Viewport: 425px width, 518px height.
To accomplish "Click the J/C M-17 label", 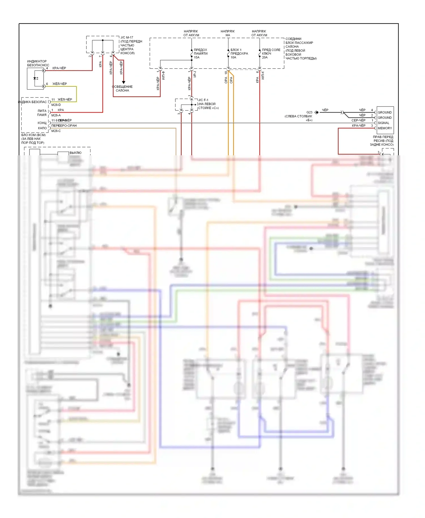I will (x=127, y=37).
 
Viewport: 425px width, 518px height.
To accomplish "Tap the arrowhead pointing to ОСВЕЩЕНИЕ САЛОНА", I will (x=124, y=82).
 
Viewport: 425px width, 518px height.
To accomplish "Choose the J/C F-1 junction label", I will (x=203, y=100).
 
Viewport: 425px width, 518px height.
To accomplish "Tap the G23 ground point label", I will (x=309, y=112).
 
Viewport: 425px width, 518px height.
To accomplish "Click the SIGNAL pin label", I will (x=383, y=123).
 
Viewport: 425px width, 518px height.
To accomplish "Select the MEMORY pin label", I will (x=384, y=128).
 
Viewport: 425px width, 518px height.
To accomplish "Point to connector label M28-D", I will (x=56, y=105).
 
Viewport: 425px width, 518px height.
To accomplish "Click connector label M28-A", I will (x=56, y=115).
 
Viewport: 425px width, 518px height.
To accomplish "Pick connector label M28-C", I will (x=56, y=131).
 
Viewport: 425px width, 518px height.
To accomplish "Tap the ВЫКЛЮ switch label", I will (x=75, y=153).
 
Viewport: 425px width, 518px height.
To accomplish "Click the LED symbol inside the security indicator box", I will (x=35, y=78).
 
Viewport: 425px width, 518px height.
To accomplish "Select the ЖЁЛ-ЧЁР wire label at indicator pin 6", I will (x=59, y=84).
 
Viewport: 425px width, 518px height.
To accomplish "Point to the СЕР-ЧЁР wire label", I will (x=358, y=120).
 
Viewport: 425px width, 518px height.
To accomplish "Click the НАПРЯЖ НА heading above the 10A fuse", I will (x=228, y=33).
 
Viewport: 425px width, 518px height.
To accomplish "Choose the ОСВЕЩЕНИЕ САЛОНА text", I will (x=122, y=89).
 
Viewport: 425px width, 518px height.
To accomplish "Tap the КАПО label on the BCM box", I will (x=42, y=128).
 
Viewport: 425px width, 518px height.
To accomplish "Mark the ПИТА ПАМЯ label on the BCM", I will (x=42, y=113).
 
